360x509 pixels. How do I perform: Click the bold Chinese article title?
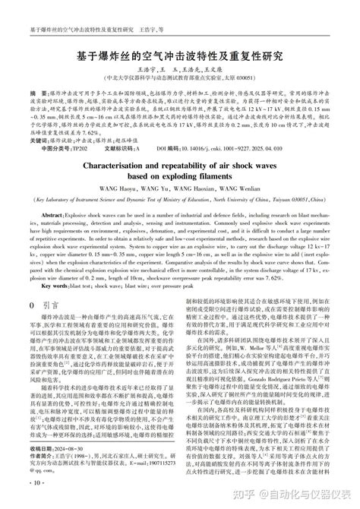coord(179,56)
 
